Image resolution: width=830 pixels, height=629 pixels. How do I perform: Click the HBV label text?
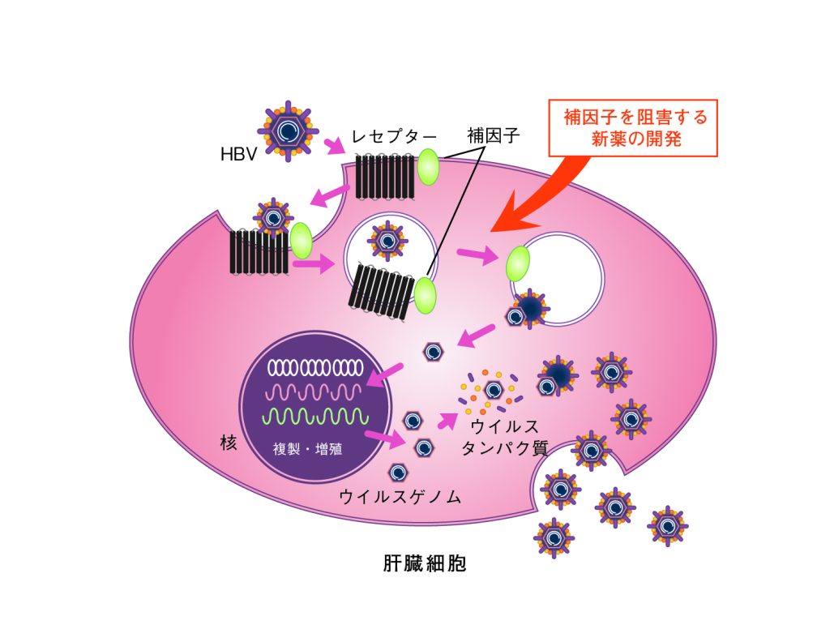click(x=239, y=153)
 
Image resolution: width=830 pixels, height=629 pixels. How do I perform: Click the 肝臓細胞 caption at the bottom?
click(x=425, y=563)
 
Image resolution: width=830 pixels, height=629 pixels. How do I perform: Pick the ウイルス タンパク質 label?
click(x=499, y=437)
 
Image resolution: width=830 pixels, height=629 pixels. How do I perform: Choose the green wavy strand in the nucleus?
click(x=314, y=417)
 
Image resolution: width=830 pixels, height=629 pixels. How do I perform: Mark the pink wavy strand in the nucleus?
click(x=314, y=393)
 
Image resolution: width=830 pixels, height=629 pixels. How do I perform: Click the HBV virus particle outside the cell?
click(x=288, y=129)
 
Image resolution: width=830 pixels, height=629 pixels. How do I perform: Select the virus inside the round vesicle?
click(x=387, y=238)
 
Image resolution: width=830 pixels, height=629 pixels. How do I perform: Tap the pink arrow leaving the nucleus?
click(x=384, y=439)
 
